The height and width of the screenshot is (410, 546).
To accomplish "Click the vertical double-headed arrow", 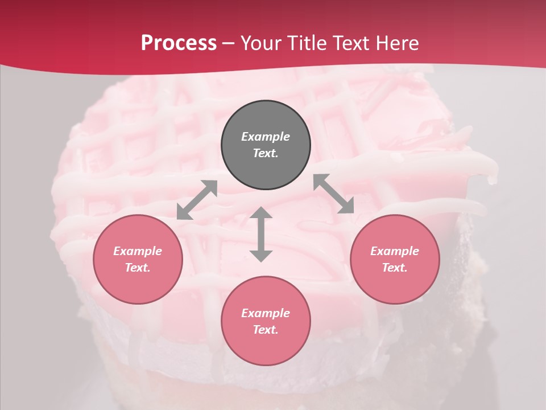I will tap(261, 234).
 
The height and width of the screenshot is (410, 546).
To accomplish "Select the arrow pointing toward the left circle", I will tap(197, 200).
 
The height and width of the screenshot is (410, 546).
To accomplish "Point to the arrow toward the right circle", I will tap(334, 194).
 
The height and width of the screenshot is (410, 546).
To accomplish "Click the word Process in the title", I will tap(179, 43).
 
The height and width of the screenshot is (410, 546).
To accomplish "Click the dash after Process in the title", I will tap(229, 43).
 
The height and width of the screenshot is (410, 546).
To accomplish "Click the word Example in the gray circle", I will tap(266, 137).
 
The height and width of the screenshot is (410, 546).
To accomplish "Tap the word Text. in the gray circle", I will tap(266, 153).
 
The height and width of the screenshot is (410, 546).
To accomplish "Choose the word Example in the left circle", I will tap(138, 251).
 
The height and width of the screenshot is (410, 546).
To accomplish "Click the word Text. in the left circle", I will tap(138, 268).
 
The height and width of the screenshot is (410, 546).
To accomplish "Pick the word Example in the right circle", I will tap(395, 251).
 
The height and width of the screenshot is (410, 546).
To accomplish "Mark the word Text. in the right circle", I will tap(395, 268).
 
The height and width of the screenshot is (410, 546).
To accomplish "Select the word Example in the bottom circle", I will tap(266, 313).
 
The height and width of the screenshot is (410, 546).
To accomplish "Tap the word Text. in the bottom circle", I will tap(266, 330).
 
